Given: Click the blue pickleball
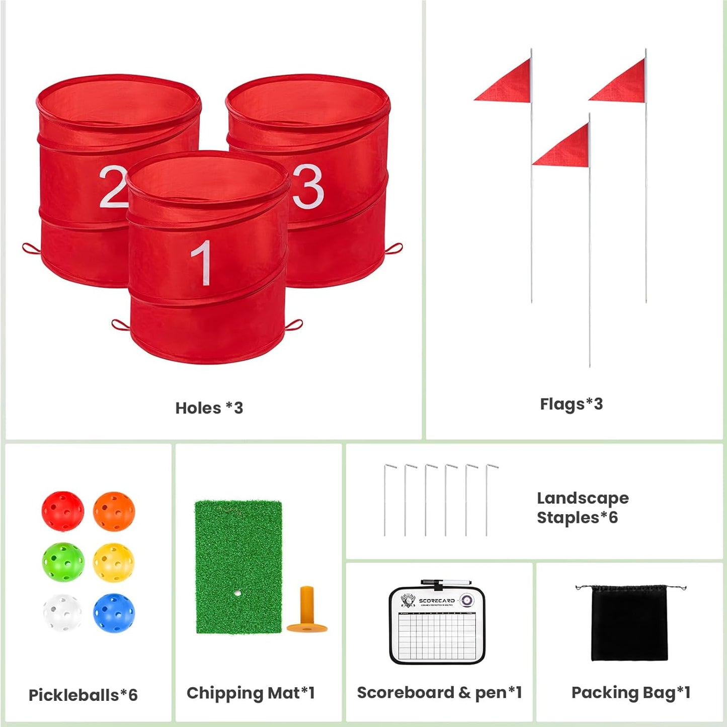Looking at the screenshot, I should (x=114, y=613).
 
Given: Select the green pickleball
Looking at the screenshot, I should (x=63, y=562).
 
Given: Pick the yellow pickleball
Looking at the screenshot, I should (x=114, y=562).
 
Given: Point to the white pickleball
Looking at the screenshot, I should (x=62, y=612).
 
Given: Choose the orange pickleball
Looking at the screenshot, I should (x=114, y=511).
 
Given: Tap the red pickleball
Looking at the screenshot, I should (x=63, y=511).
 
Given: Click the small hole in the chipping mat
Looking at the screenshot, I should (x=237, y=593).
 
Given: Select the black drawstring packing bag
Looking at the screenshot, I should (x=629, y=623).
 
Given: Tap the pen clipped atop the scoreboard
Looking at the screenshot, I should (x=445, y=582).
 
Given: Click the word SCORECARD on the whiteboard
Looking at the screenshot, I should (x=437, y=601).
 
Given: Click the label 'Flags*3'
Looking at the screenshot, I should (x=571, y=404).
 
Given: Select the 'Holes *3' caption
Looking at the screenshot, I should (x=209, y=408).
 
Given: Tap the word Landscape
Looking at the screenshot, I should (x=583, y=498).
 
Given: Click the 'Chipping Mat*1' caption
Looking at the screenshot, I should (x=251, y=693).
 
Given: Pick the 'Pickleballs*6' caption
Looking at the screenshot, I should (x=83, y=695).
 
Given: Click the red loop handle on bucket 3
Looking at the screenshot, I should (x=394, y=249).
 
